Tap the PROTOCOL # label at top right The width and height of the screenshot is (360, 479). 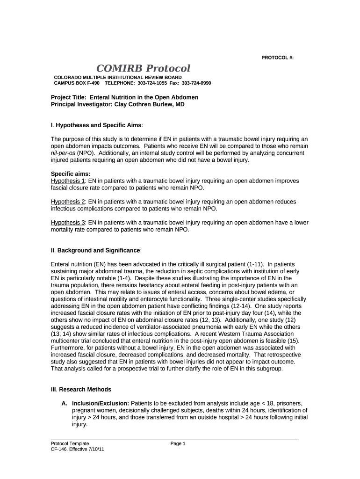[277, 58]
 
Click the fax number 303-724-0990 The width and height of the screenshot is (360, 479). [196, 83]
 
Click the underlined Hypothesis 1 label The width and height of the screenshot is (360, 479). [68, 181]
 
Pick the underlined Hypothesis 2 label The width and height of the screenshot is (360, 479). [68, 201]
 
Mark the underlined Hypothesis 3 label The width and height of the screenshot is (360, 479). [68, 223]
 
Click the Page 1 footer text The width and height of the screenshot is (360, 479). [178, 443]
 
